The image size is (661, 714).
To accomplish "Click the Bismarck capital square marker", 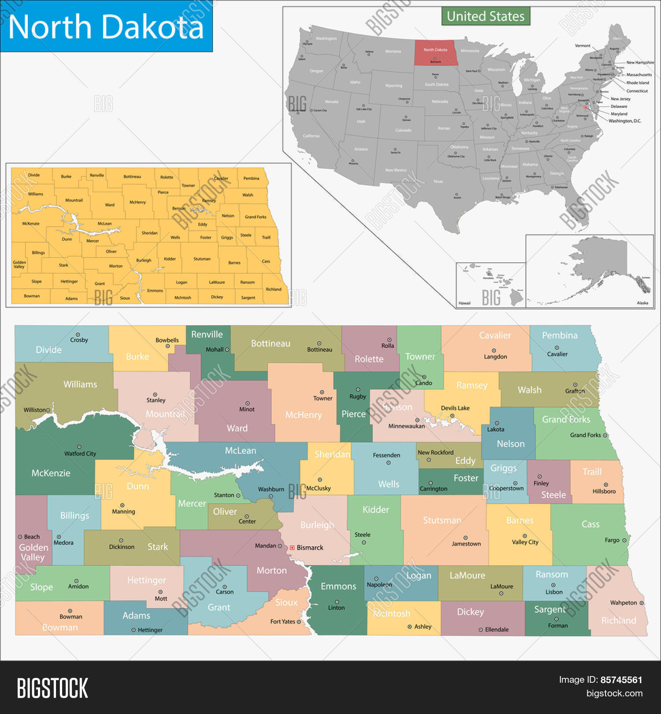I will pyautogui.click(x=292, y=547).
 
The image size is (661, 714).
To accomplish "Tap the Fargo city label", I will pyautogui.click(x=612, y=540).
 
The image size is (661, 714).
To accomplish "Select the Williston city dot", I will pyautogui.click(x=48, y=410).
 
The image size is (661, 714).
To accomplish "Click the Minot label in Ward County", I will pyautogui.click(x=247, y=409).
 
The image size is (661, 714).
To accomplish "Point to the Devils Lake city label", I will pyautogui.click(x=455, y=408).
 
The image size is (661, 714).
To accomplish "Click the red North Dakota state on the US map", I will pyautogui.click(x=435, y=52).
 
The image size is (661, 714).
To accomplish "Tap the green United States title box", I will pyautogui.click(x=486, y=16).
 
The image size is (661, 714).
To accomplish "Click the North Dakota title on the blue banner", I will pyautogui.click(x=106, y=27).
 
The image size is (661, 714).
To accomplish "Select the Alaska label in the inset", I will pyautogui.click(x=642, y=303).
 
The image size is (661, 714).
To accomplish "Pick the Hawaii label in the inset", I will pyautogui.click(x=464, y=303).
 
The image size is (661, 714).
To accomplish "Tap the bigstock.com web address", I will pyautogui.click(x=614, y=693).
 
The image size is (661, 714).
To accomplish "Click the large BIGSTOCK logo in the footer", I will pyautogui.click(x=52, y=688).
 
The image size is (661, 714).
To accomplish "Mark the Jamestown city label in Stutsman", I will pyautogui.click(x=466, y=544).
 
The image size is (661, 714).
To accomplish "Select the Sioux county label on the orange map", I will pyautogui.click(x=125, y=298).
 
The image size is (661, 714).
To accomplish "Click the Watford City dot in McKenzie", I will pyautogui.click(x=79, y=447).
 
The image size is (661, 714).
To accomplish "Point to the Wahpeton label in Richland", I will pyautogui.click(x=624, y=602).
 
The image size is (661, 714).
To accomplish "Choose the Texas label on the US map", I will pyautogui.click(x=438, y=181).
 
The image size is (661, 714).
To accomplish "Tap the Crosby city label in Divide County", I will pyautogui.click(x=79, y=340).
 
